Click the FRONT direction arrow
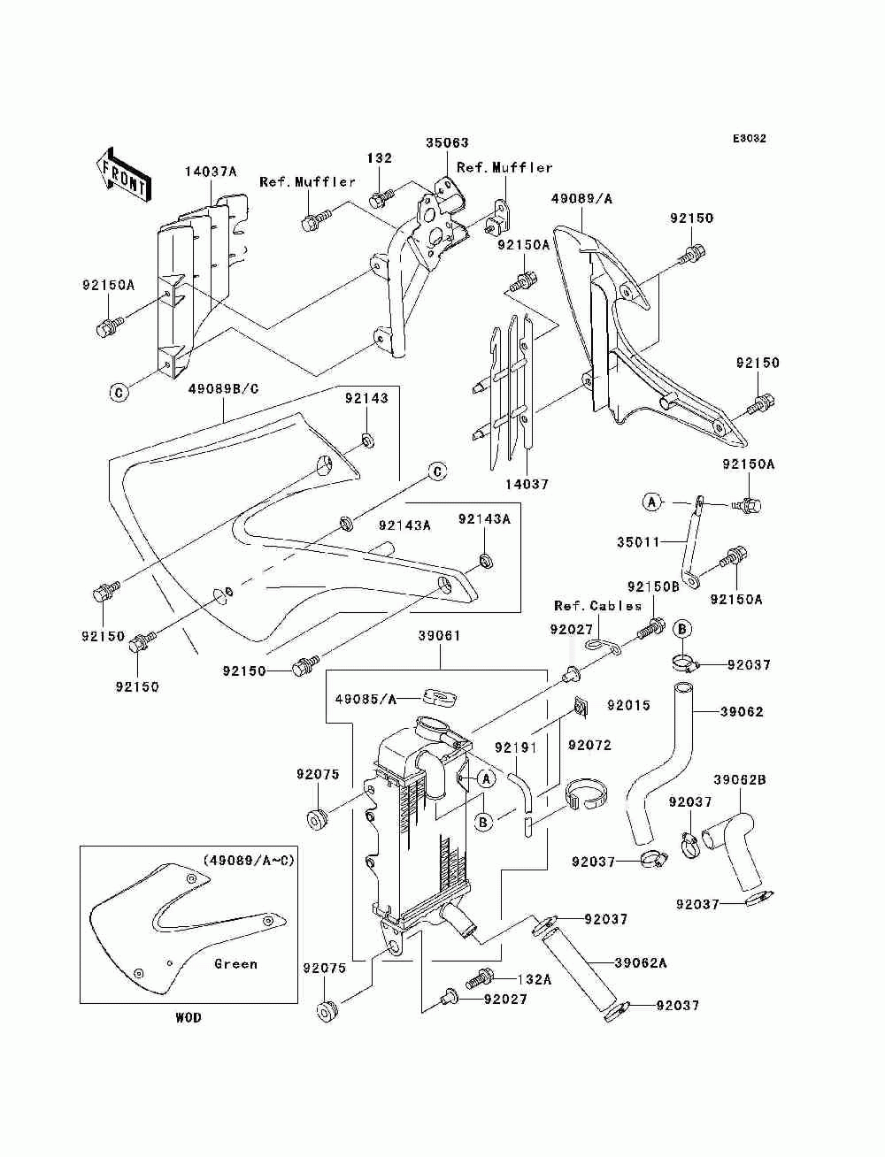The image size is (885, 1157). (x=124, y=173)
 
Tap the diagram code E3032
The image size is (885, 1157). (x=749, y=139)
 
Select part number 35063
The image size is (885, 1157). (x=447, y=142)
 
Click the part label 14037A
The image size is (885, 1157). (x=211, y=172)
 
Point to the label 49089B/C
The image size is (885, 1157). (x=224, y=389)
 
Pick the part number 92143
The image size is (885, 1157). (x=366, y=398)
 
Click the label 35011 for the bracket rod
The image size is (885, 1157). (x=638, y=542)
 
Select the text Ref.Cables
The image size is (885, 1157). (x=598, y=606)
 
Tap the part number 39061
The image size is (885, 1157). (x=439, y=636)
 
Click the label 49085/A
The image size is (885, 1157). (x=366, y=700)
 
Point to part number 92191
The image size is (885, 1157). (x=516, y=747)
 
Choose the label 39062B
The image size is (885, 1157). (x=740, y=779)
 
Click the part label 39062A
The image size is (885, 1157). (x=640, y=963)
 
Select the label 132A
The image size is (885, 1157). (x=535, y=979)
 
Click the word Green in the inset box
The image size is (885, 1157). (x=235, y=964)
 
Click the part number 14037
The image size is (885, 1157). (x=527, y=484)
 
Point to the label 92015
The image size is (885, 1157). (x=628, y=705)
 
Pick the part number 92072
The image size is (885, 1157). (x=589, y=746)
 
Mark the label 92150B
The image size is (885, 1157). (x=653, y=586)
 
